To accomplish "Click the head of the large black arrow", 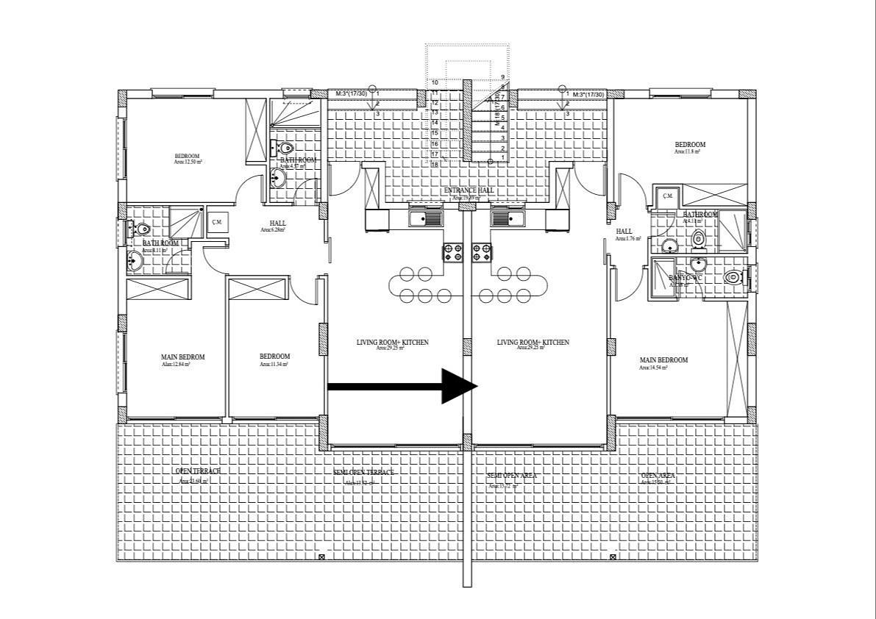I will tap(459, 386).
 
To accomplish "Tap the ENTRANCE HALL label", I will tap(469, 191).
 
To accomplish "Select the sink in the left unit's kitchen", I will tap(425, 218).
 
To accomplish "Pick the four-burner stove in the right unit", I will tap(482, 253).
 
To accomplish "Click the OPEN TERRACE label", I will tap(197, 471).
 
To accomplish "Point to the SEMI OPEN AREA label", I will tap(512, 476).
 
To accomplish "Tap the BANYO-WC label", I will tap(685, 279).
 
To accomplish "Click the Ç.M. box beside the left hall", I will tap(217, 222).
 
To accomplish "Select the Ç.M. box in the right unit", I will tap(667, 196).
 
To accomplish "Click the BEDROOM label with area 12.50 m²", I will tap(187, 156).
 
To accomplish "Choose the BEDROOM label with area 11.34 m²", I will tap(274, 357).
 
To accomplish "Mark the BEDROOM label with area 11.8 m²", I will tap(690, 145).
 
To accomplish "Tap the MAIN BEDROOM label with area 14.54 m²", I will tap(663, 360).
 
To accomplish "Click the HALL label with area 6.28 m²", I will tap(277, 223).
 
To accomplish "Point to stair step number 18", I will tap(435, 165).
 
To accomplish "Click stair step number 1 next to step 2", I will tap(502, 157).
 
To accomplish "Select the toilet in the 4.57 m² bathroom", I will tap(285, 148).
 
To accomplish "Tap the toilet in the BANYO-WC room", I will tap(733, 277).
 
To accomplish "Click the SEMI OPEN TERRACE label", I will tap(364, 472).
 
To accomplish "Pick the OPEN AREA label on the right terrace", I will tap(658, 476).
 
